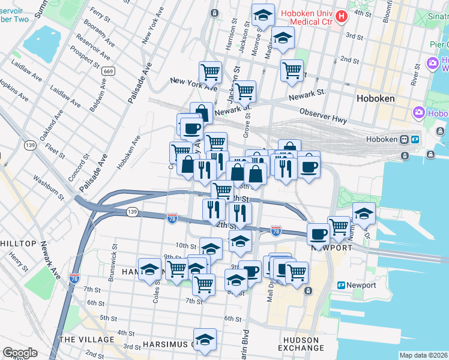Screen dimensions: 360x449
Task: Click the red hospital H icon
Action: coord(342,16)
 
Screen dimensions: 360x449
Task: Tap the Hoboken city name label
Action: coord(375,98)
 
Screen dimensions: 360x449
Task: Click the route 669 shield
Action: coord(108,71)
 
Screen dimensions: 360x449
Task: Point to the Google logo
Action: coord(20,352)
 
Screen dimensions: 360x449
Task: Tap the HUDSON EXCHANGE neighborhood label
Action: coord(301,344)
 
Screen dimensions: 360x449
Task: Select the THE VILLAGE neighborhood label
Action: coord(86,340)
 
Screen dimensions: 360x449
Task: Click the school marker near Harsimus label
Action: coord(205,338)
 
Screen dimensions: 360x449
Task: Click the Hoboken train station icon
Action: coord(415,139)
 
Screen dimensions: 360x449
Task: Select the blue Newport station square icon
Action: coord(341,285)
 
